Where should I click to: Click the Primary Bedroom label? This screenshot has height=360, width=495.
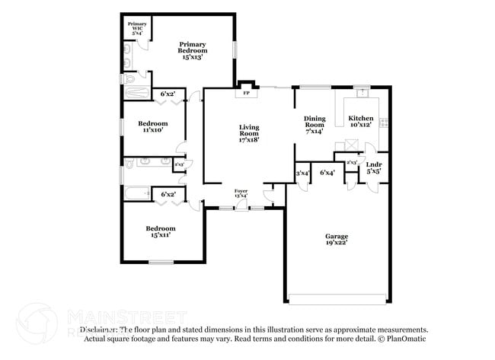coord(193,49)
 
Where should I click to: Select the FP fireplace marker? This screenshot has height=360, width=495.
coord(245,95)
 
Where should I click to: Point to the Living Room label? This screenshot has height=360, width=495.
coord(249,133)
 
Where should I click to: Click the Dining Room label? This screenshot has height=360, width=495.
coord(315,123)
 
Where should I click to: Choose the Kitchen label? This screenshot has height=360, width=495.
coord(360,121)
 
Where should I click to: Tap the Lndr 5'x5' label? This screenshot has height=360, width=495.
coord(373,167)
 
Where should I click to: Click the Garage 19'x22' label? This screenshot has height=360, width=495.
coord(336,241)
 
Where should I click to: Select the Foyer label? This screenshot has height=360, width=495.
coord(241,193)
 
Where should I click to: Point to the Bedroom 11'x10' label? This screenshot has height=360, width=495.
coord(152,127)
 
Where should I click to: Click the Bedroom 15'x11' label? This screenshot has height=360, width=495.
coord(161,231)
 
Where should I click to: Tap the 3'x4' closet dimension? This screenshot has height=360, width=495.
coord(302,174)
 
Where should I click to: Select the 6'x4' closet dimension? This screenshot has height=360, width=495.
coord(327,174)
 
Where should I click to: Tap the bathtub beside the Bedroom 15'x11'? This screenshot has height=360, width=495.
coord(137,193)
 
